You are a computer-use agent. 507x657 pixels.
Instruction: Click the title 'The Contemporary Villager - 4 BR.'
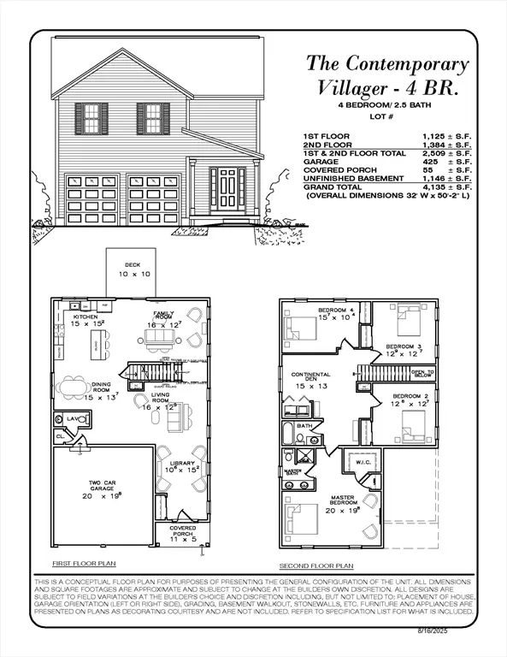coord(387,75)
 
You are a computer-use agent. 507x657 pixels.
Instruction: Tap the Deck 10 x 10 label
coord(132,269)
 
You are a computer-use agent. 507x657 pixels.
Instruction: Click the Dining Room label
coord(104,391)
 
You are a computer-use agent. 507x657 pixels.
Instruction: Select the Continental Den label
coord(311,380)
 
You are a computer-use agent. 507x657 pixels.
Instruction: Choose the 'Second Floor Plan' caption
coord(316,566)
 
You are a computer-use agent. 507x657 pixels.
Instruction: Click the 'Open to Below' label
coord(422,374)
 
